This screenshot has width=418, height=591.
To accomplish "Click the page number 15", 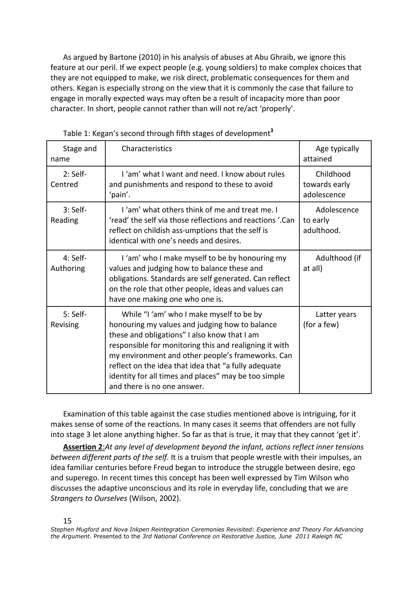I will (x=67, y=521).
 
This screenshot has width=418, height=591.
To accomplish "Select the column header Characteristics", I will (x=147, y=149).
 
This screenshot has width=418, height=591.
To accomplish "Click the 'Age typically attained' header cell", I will (x=335, y=153).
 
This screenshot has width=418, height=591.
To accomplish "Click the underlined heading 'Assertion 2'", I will (x=83, y=447).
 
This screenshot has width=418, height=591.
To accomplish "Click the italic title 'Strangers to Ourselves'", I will (x=89, y=498).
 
